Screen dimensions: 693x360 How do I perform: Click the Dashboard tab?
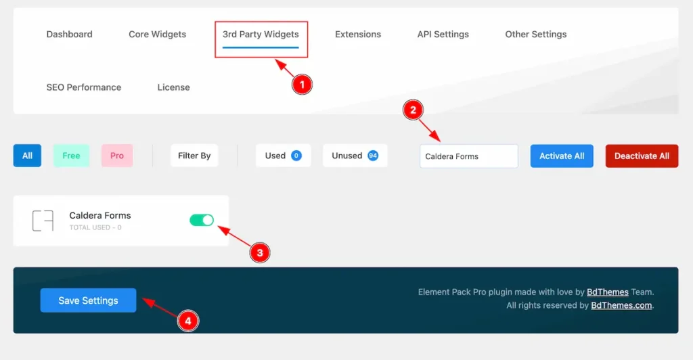pos(70,35)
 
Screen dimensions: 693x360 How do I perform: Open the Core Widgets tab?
pos(157,35)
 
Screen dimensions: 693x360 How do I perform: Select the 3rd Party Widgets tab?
pos(261,35)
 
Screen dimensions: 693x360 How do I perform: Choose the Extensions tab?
pos(358,35)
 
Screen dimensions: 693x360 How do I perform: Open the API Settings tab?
pos(443,35)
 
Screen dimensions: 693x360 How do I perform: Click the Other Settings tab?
pos(536,35)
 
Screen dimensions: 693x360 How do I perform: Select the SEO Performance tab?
pos(83,87)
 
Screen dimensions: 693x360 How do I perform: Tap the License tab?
pos(174,87)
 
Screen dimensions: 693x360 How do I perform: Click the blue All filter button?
pos(27,156)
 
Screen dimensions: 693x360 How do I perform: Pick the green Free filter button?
pos(71,156)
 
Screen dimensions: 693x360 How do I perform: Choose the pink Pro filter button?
pos(117,156)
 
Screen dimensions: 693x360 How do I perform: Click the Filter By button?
pos(194,156)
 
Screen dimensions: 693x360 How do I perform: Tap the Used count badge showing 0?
pos(296,156)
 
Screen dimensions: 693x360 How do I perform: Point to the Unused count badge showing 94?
pos(373,156)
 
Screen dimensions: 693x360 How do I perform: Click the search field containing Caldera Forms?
pos(469,156)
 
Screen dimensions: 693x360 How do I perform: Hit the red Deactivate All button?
pos(642,156)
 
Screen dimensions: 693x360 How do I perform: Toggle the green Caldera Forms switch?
pos(202,220)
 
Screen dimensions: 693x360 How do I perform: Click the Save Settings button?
pos(89,300)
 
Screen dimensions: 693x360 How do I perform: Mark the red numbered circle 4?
pos(188,321)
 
